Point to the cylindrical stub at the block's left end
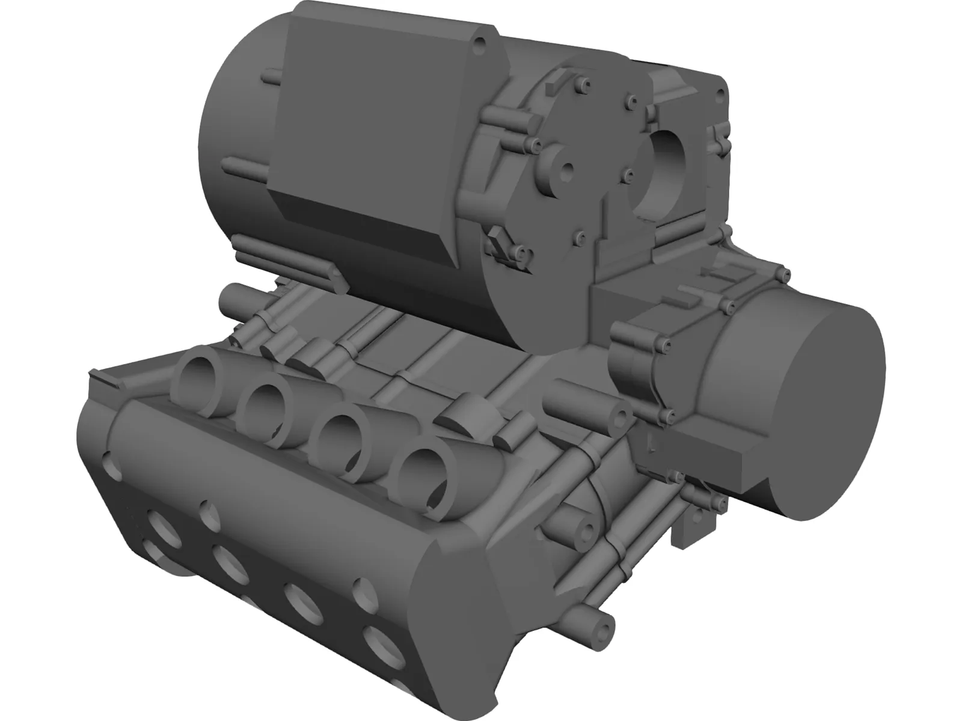tap(235, 296)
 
